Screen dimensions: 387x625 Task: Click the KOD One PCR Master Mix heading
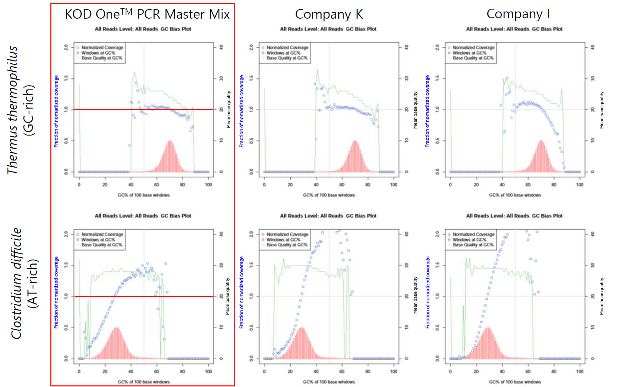click(147, 14)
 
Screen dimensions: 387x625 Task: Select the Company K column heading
click(329, 14)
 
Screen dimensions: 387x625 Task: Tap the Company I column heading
click(518, 14)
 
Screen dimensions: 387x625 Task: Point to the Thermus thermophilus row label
click(12, 110)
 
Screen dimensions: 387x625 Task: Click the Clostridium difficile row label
click(16, 283)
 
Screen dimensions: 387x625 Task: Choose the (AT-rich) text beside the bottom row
click(33, 283)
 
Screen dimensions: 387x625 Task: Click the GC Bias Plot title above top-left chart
click(143, 29)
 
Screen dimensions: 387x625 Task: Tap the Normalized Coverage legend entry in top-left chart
click(102, 48)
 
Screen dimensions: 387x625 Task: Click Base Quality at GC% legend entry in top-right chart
click(473, 58)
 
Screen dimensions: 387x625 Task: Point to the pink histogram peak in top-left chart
click(170, 142)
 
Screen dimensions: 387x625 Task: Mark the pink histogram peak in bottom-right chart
click(488, 328)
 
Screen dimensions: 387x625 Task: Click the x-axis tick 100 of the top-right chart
click(580, 185)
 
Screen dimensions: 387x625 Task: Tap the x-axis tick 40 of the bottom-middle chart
click(316, 372)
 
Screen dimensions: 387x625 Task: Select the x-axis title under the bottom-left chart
click(144, 382)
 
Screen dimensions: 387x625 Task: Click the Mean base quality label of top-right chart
click(602, 110)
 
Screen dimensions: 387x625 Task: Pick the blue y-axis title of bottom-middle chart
click(241, 292)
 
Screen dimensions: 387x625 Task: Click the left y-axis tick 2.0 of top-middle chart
click(251, 47)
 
